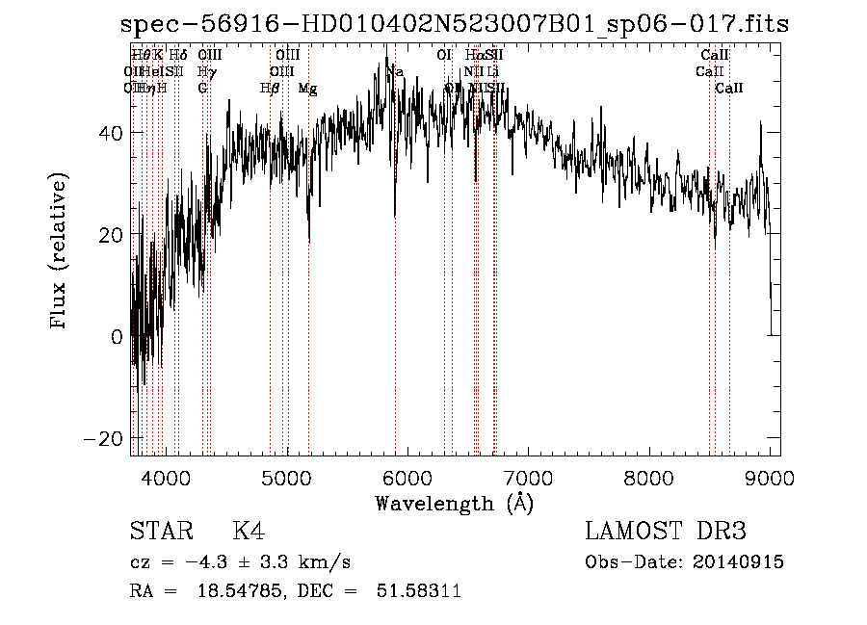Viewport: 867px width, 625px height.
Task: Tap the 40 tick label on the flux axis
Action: point(110,133)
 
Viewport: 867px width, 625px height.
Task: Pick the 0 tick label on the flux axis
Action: point(116,336)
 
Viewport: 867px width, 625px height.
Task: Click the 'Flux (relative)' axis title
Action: point(60,251)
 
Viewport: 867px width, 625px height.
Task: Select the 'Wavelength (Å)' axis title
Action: point(454,503)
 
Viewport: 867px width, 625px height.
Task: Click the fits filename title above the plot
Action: point(454,24)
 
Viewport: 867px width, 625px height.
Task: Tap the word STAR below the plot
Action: point(158,533)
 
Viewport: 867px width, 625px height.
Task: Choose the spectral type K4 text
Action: point(249,533)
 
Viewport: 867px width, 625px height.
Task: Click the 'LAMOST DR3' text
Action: point(666,533)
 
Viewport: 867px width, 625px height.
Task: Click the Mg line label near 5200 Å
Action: point(307,89)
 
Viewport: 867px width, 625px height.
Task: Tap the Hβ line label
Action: point(270,89)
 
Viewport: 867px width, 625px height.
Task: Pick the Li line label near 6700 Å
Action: point(492,72)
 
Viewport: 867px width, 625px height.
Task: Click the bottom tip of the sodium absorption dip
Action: point(394,217)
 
